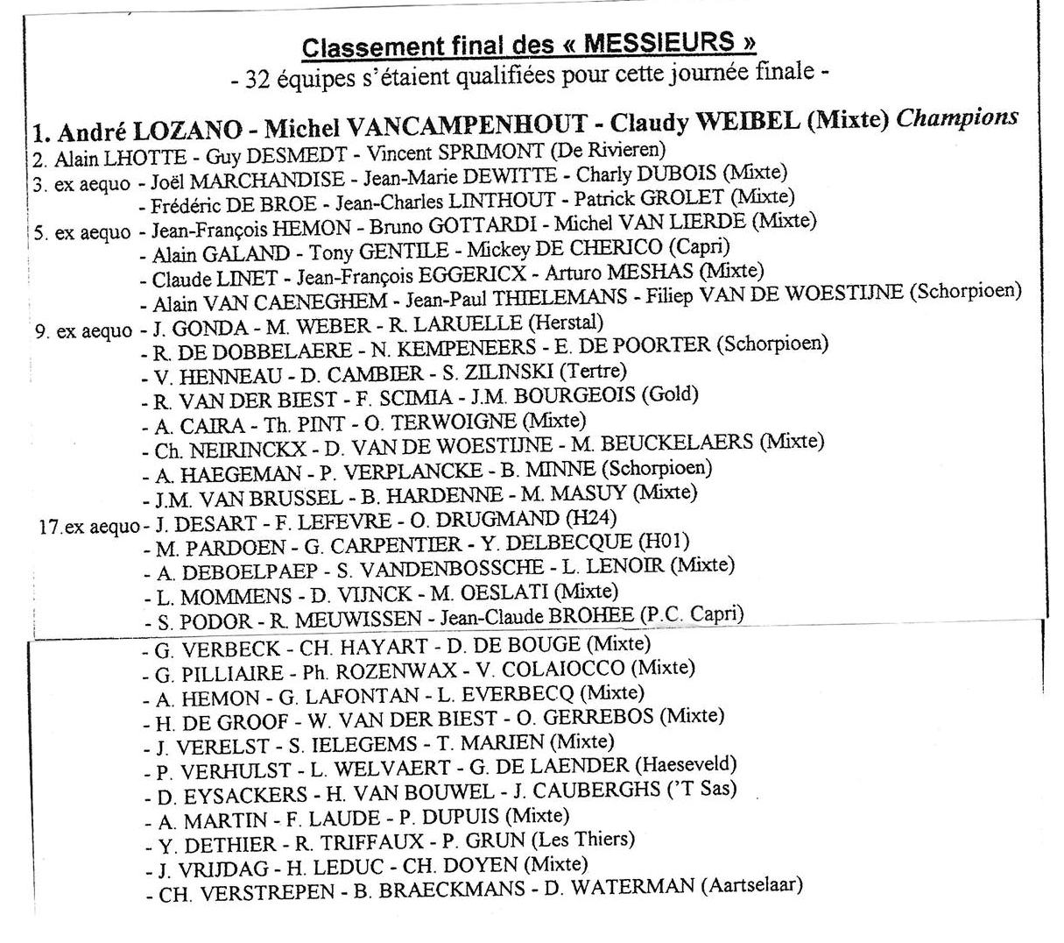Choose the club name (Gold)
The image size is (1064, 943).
pos(670,394)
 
